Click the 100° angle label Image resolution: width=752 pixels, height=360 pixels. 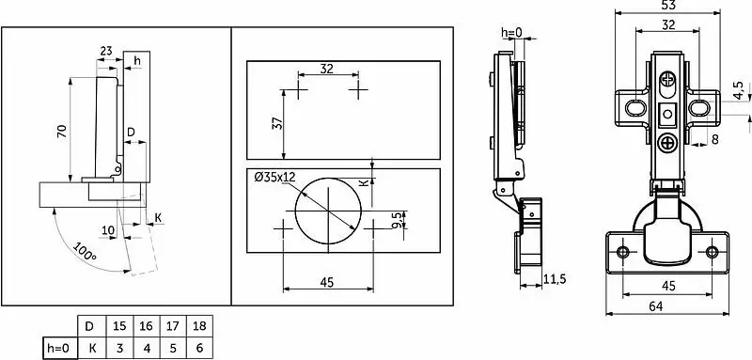85,252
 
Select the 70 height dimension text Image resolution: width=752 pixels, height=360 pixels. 62,131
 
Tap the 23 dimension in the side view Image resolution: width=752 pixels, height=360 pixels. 106,51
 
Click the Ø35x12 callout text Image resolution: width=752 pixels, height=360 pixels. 274,178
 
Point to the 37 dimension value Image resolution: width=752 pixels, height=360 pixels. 277,123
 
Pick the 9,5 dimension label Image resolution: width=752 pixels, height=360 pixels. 397,220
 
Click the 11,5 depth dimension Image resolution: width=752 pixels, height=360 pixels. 555,279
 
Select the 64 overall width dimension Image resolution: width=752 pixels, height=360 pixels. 655,306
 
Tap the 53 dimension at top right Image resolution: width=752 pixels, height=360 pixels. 667,6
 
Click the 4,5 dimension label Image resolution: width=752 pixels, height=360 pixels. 738,90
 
